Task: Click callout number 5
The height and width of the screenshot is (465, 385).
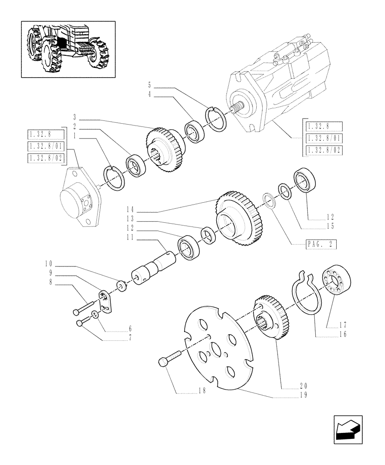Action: (x=150, y=85)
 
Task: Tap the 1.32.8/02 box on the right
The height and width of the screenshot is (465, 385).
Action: (x=324, y=151)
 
